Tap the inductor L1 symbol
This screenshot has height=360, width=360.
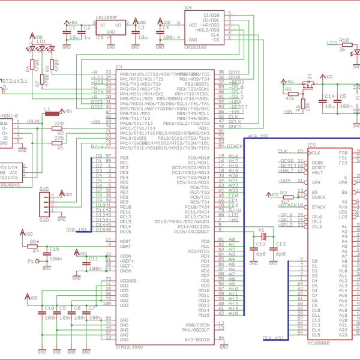click(x=53, y=112)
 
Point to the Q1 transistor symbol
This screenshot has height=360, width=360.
click(x=308, y=86)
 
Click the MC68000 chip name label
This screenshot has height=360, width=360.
click(x=318, y=343)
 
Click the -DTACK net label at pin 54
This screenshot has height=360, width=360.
click(x=235, y=146)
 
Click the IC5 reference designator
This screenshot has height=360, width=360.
click(x=311, y=145)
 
